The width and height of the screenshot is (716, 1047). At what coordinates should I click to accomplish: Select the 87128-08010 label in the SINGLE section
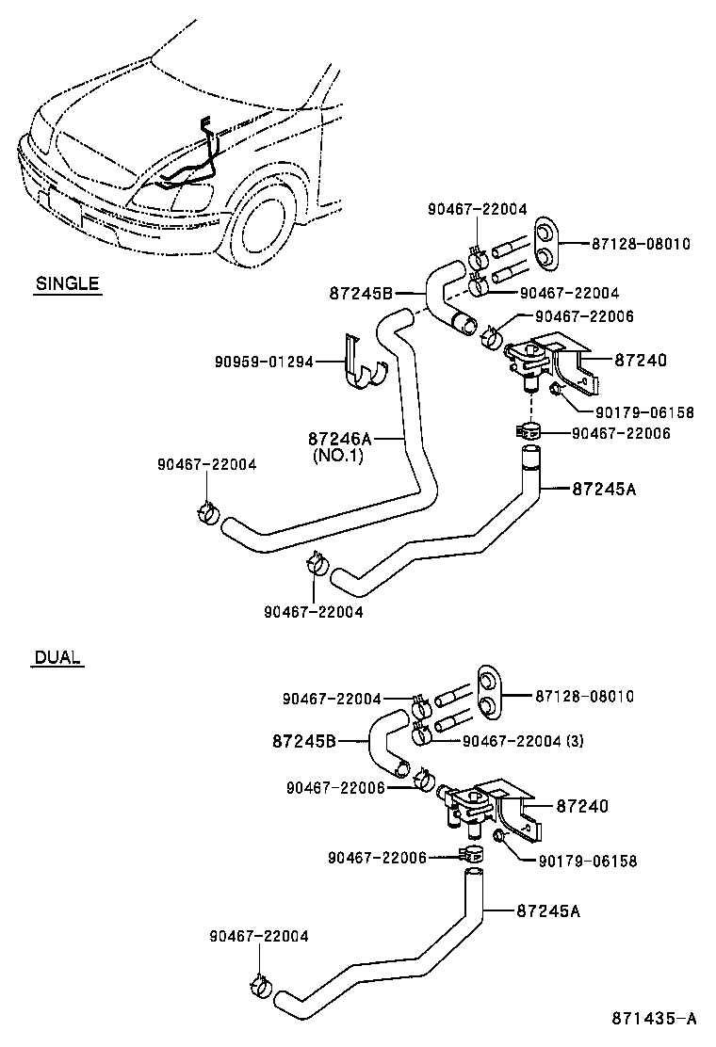click(641, 244)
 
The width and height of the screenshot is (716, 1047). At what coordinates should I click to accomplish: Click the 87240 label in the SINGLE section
click(641, 360)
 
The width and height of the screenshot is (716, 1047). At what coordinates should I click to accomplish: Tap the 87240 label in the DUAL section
click(582, 806)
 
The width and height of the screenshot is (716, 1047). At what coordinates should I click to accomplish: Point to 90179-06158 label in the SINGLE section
click(644, 411)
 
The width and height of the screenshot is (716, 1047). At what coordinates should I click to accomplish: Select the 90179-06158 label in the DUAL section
click(588, 861)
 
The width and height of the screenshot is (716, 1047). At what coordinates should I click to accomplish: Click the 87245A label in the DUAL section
click(548, 910)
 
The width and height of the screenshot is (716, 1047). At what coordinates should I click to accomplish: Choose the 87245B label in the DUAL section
click(304, 741)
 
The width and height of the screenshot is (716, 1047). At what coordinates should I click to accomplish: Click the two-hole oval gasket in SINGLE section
click(545, 244)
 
